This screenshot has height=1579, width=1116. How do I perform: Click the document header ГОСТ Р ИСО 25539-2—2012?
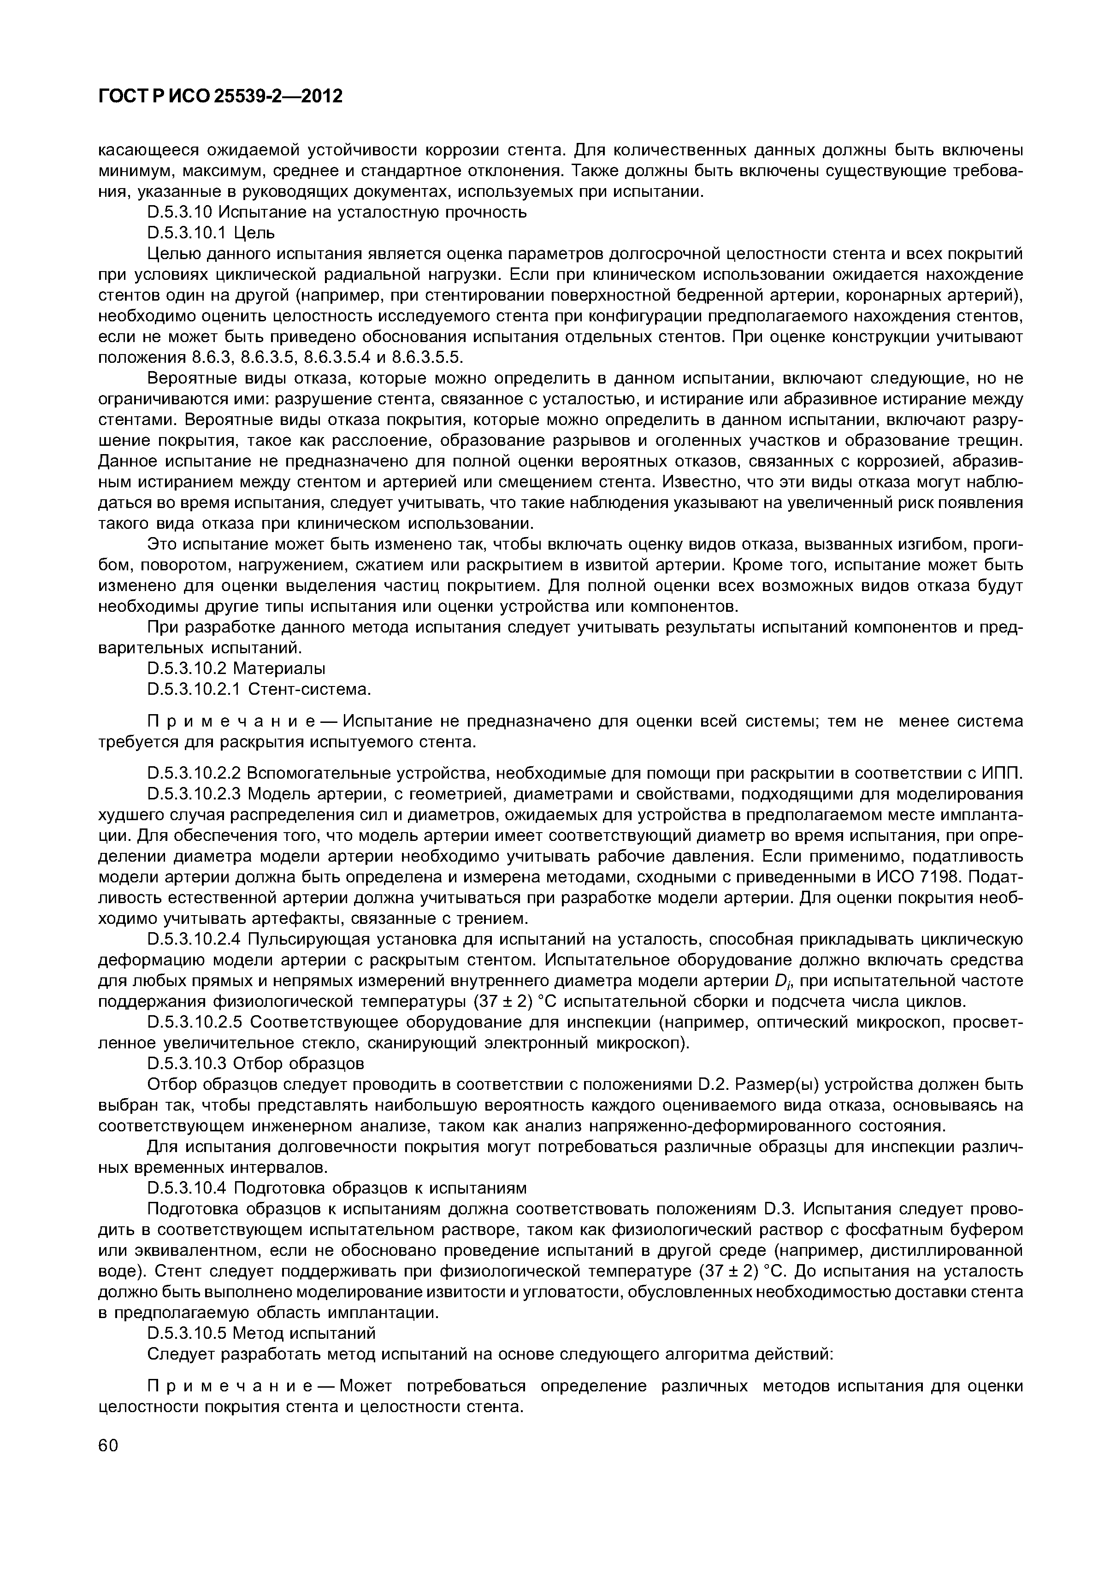click(220, 97)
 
